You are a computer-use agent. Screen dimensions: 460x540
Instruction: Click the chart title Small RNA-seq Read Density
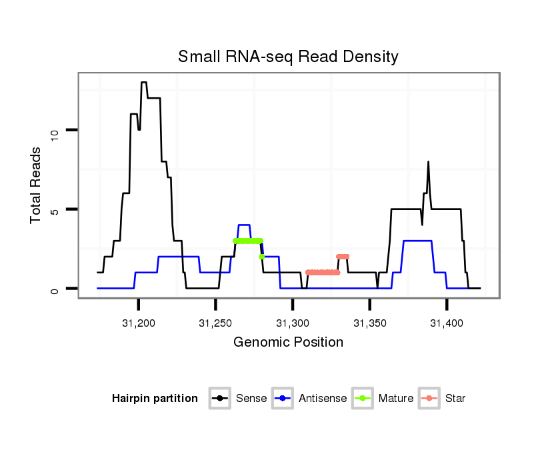288,57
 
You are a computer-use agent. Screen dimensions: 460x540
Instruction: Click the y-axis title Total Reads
37,185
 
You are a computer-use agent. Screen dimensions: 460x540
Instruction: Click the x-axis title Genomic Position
288,343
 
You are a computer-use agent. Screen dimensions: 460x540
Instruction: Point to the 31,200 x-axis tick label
138,323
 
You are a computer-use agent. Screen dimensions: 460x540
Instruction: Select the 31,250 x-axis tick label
215,323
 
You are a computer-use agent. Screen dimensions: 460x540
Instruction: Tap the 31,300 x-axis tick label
293,323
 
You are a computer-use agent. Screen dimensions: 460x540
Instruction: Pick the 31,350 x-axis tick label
369,323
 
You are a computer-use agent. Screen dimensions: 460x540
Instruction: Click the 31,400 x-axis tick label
447,323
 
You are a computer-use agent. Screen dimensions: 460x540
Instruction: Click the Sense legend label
251,399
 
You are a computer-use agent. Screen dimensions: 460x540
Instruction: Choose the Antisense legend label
323,399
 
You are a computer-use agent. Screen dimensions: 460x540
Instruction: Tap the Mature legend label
395,399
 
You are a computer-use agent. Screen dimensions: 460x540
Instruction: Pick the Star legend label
455,399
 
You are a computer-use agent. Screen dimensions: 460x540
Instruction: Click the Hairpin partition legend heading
155,399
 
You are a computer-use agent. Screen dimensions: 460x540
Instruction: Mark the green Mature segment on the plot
248,241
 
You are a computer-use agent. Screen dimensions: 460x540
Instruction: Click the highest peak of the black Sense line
143,83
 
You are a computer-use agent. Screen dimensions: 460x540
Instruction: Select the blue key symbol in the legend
284,399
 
